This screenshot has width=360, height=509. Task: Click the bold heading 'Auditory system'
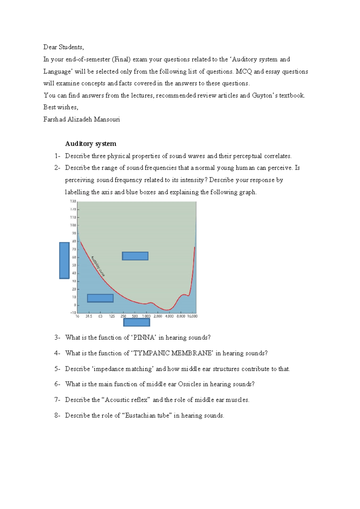[91, 144]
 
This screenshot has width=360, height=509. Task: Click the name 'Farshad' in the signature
[54, 119]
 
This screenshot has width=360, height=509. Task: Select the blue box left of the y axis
[64, 261]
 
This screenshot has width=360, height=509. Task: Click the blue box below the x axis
[136, 322]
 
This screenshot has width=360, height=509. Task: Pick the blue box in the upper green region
[135, 256]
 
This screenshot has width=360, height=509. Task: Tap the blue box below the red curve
[100, 298]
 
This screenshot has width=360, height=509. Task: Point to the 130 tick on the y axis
[73, 201]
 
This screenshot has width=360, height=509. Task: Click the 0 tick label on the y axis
[75, 305]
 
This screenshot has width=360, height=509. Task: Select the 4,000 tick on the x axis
[169, 316]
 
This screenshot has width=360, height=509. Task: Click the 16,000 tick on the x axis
[192, 316]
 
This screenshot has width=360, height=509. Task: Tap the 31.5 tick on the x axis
[89, 316]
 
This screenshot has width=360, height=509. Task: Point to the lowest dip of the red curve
[167, 310]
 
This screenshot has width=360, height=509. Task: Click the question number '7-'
[57, 400]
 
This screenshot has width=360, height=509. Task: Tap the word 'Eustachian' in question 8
[140, 416]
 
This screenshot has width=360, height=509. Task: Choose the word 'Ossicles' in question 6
[189, 384]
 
